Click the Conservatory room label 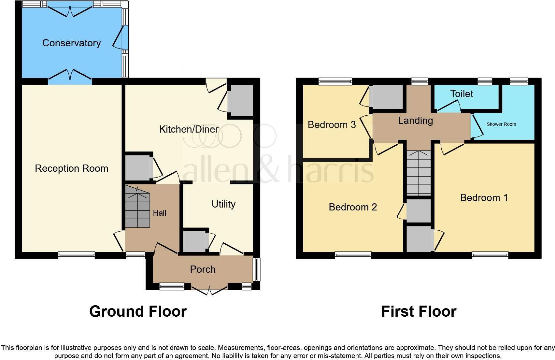coord(71,43)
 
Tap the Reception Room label coord(71,168)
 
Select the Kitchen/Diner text coord(189,129)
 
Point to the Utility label coord(223,204)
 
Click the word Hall coord(160,213)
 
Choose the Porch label coord(203,269)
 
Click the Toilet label coord(462,94)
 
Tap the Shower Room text coord(501,124)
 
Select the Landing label coord(415,121)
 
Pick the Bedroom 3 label coord(332,125)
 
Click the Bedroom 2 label coord(353,207)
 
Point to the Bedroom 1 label coord(484,198)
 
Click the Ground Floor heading coord(138,311)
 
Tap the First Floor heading coord(419,311)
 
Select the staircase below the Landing coord(419,173)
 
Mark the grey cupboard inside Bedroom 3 coord(386,97)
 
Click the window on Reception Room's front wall coord(77,255)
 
